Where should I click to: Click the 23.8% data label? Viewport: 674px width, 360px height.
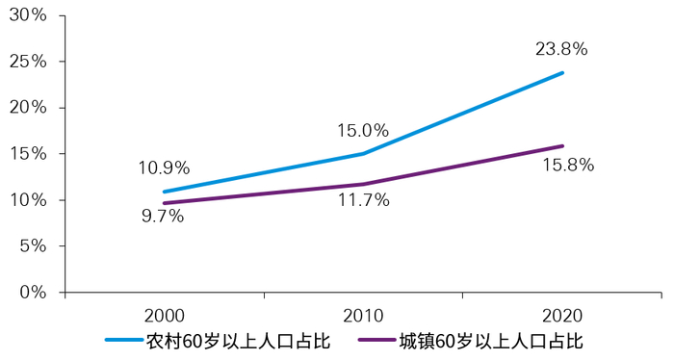561,48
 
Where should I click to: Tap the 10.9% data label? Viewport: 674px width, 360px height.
164,167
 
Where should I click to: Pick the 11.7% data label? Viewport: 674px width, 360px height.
362,200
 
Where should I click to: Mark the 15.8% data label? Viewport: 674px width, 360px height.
568,165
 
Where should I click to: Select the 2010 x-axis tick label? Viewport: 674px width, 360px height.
363,315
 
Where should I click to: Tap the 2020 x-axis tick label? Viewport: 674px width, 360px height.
562,315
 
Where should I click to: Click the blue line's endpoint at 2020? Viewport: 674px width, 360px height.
562,73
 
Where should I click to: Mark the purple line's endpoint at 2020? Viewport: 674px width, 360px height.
562,146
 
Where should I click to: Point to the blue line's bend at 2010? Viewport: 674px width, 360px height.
363,153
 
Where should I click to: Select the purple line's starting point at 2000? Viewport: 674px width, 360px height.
164,203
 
